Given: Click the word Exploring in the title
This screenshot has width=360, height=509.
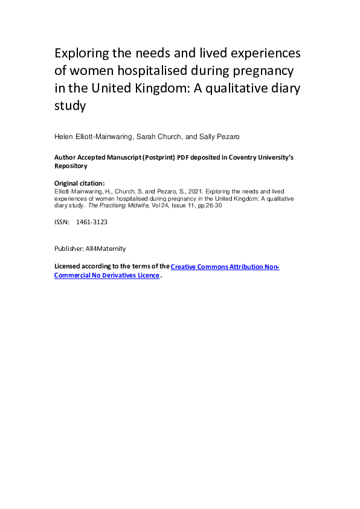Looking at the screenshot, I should [x=80, y=53].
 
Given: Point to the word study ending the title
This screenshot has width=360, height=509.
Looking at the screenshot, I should [x=71, y=106].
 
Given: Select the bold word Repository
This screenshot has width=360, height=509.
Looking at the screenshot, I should [x=71, y=166].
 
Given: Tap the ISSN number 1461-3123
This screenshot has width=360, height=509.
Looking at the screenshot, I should [x=92, y=222].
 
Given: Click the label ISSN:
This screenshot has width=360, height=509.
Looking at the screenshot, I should [x=62, y=222].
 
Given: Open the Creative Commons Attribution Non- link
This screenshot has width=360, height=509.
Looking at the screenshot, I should [x=225, y=267].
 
